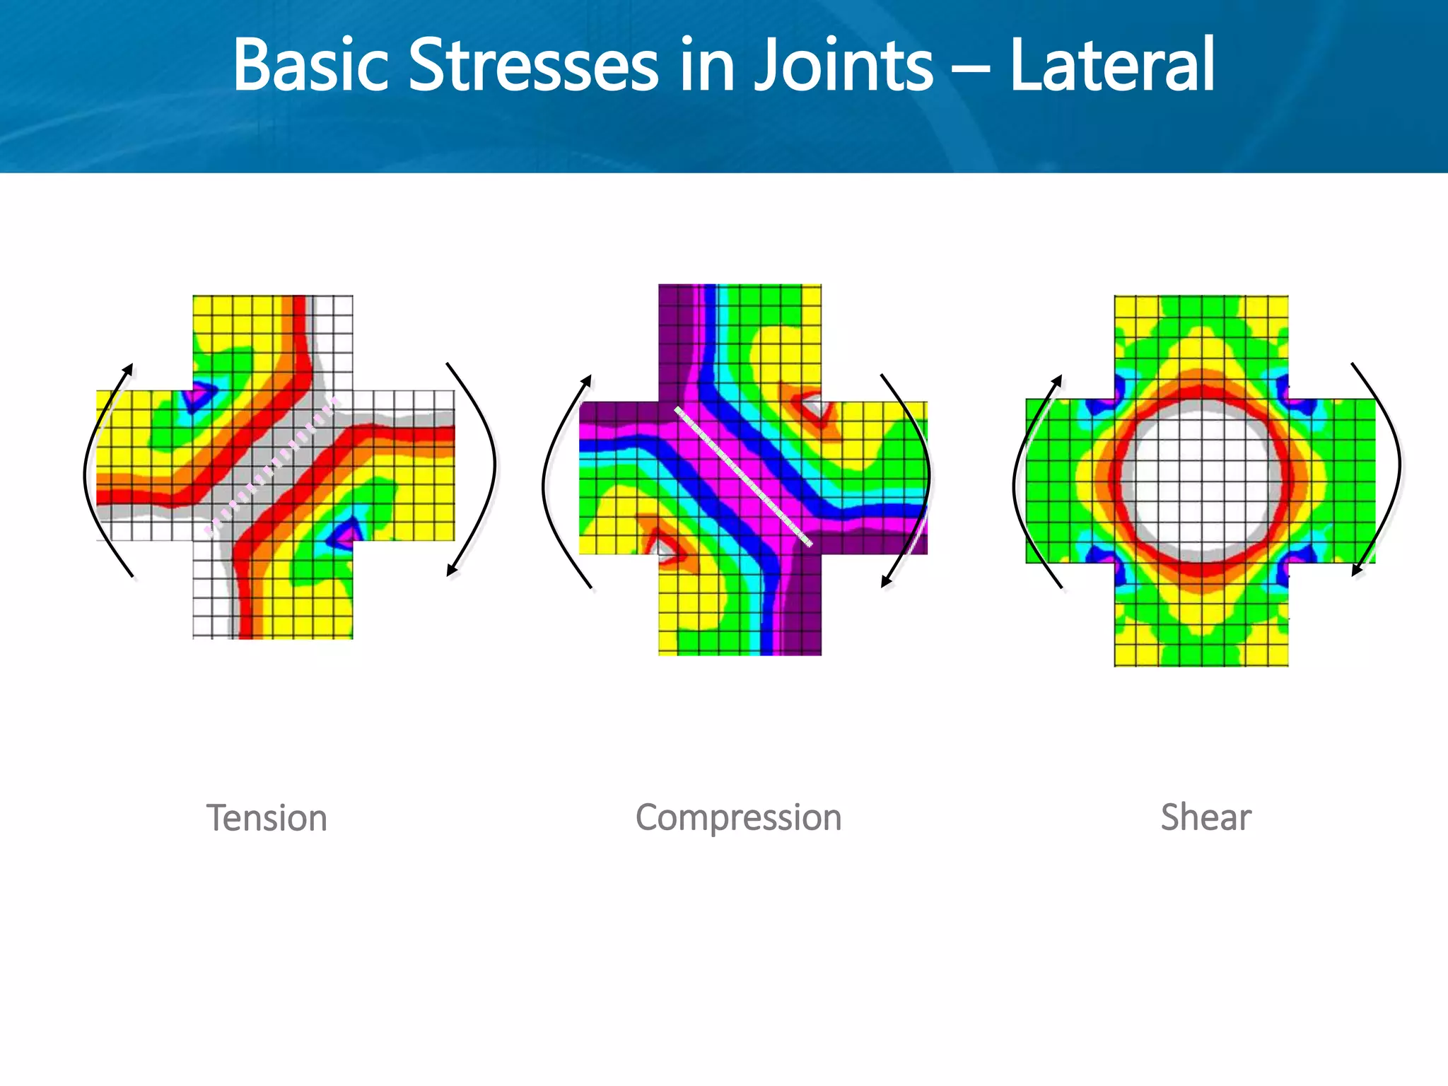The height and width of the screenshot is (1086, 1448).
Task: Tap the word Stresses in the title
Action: tap(534, 65)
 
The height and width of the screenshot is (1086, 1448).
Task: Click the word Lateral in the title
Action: tap(1112, 65)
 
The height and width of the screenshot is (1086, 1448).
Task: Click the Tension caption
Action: tap(267, 818)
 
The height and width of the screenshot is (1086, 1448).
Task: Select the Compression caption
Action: tap(738, 817)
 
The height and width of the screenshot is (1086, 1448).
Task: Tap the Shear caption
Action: tap(1205, 817)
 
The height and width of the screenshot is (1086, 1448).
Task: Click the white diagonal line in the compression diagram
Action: tap(742, 476)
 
